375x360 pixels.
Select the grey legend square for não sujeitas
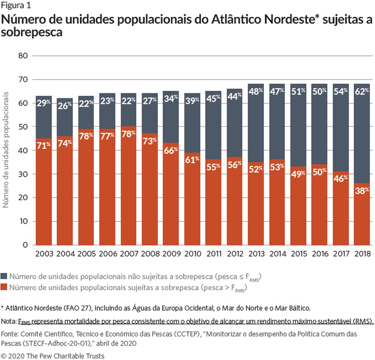click(4, 276)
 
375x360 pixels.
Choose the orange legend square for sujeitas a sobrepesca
click(4, 288)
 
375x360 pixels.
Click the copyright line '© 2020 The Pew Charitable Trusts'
click(53, 355)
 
